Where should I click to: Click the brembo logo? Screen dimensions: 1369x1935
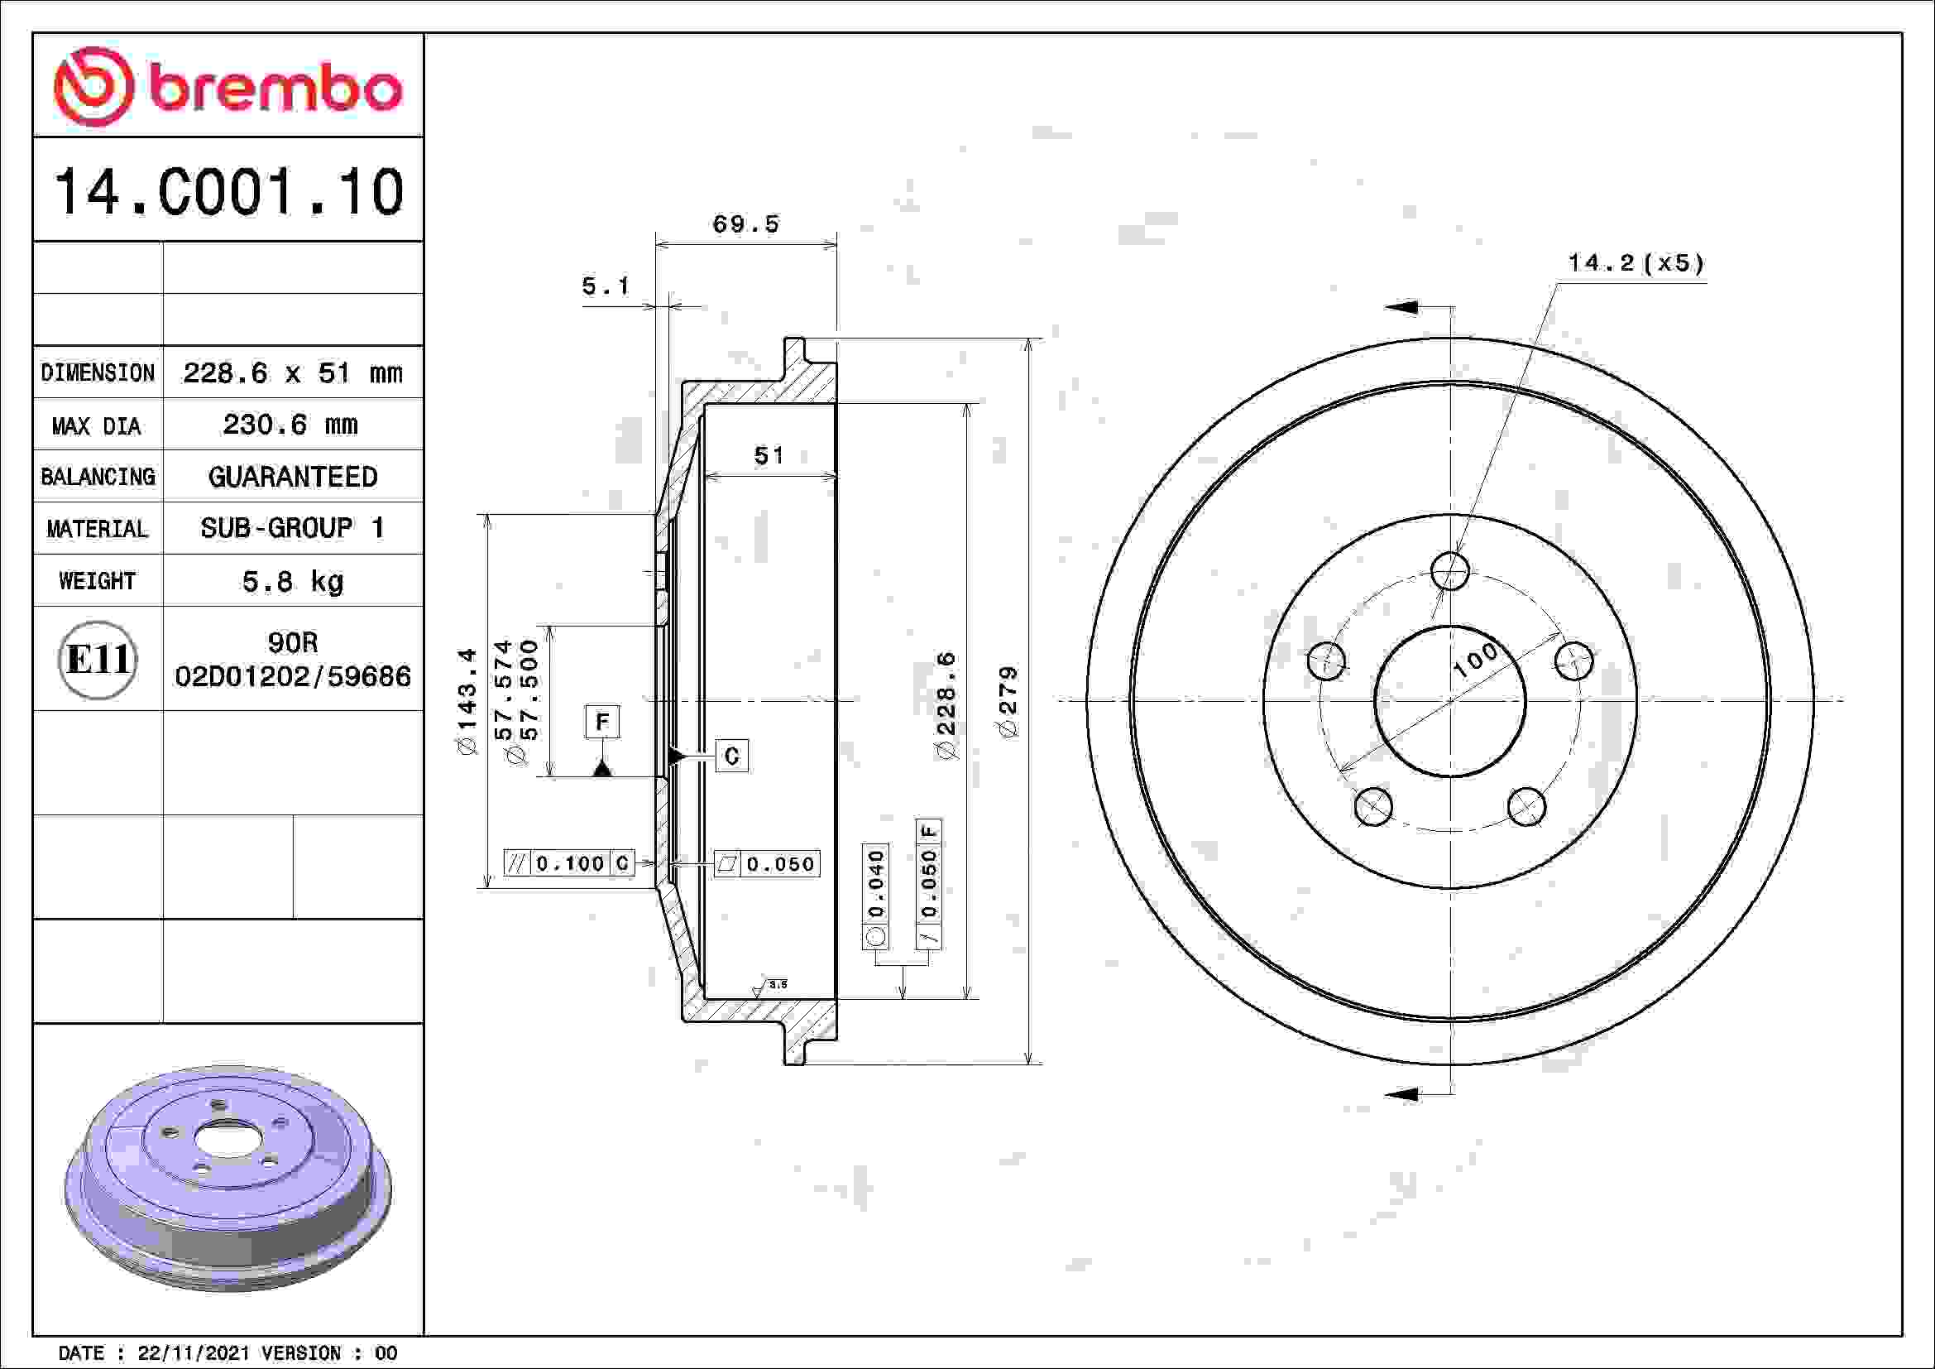[228, 87]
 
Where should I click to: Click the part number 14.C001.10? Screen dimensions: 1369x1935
[228, 191]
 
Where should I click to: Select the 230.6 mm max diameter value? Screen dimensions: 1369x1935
[290, 424]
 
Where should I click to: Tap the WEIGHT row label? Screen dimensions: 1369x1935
[97, 581]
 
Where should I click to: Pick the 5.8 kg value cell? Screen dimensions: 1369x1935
[292, 581]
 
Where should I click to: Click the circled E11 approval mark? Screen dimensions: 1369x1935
[98, 659]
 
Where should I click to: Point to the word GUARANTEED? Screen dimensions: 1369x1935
[292, 476]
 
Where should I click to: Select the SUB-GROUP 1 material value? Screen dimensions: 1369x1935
[292, 529]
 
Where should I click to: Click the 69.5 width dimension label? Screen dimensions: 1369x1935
[746, 224]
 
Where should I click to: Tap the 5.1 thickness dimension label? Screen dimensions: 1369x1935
[606, 286]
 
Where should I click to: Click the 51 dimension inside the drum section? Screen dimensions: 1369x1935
[769, 456]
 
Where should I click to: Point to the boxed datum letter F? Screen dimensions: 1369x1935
[602, 722]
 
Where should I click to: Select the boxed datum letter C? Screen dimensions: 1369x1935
[731, 756]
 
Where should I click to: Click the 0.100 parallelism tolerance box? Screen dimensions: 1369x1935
[569, 863]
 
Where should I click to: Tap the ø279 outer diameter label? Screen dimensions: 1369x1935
[1008, 701]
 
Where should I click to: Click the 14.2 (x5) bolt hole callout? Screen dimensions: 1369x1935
[1636, 263]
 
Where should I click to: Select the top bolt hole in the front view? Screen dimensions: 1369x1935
[1449, 571]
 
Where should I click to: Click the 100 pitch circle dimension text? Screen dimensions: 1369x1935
[1477, 660]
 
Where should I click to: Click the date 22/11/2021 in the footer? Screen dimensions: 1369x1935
[193, 1353]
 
